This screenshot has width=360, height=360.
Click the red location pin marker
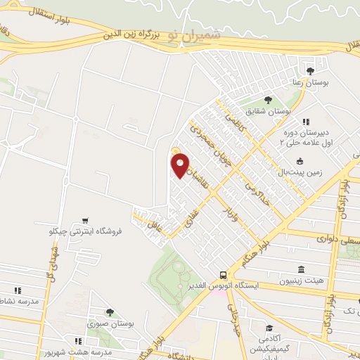[x=180, y=165]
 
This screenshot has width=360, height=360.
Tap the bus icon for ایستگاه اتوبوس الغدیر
[x=223, y=275]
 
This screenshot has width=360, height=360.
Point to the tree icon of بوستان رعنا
[x=310, y=71]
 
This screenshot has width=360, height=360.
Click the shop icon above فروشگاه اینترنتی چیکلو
[x=85, y=219]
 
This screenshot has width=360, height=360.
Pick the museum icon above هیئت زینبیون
[x=301, y=270]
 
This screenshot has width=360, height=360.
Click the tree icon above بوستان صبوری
[x=109, y=312]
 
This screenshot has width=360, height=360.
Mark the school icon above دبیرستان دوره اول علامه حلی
[x=305, y=122]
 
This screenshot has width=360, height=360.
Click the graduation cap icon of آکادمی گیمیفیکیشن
[x=269, y=328]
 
